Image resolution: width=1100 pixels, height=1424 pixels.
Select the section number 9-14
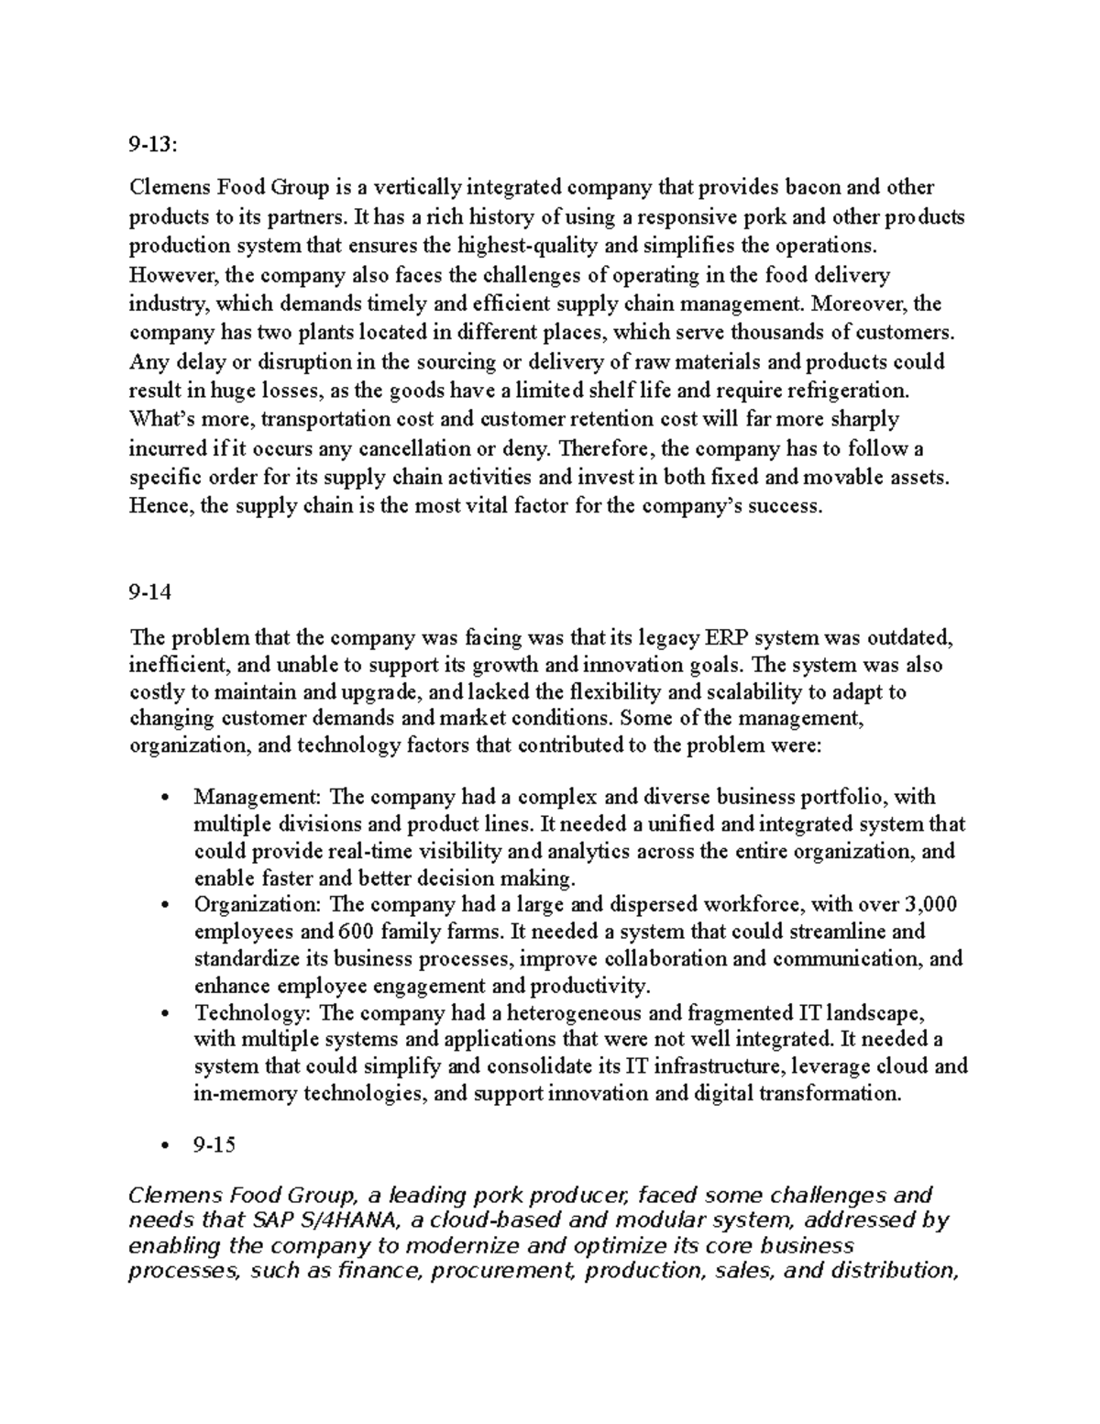click(150, 591)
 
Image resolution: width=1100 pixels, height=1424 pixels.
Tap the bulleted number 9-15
click(214, 1145)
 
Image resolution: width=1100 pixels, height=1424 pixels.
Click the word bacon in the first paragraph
click(811, 188)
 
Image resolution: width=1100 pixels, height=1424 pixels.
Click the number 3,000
click(930, 905)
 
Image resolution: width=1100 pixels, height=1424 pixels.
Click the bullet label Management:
click(258, 797)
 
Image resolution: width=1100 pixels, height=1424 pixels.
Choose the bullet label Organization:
click(258, 905)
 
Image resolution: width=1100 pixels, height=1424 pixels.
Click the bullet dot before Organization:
click(164, 906)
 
